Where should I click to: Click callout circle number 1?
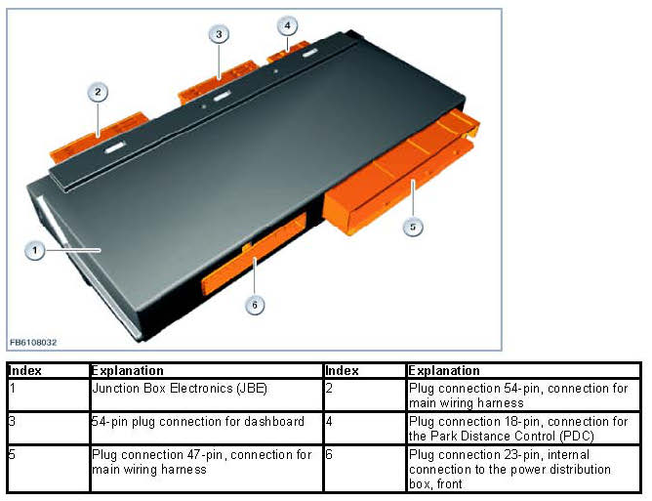click(34, 250)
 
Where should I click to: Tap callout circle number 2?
click(98, 92)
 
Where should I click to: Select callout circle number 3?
click(219, 34)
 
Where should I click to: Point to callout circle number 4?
click(287, 25)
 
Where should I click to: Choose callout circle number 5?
click(413, 227)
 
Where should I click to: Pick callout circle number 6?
click(255, 306)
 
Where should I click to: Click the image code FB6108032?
click(33, 343)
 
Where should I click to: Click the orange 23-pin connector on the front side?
click(255, 254)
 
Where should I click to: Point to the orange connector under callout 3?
click(219, 81)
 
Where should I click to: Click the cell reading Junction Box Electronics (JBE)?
click(207, 396)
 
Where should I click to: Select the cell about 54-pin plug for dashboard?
click(207, 428)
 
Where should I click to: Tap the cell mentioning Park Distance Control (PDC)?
click(523, 428)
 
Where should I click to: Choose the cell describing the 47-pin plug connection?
click(207, 469)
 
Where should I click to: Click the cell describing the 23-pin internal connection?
click(523, 469)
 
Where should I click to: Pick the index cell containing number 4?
click(365, 428)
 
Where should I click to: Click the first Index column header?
click(49, 371)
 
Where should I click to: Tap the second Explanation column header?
click(523, 371)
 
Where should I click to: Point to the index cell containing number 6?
click(365, 469)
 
